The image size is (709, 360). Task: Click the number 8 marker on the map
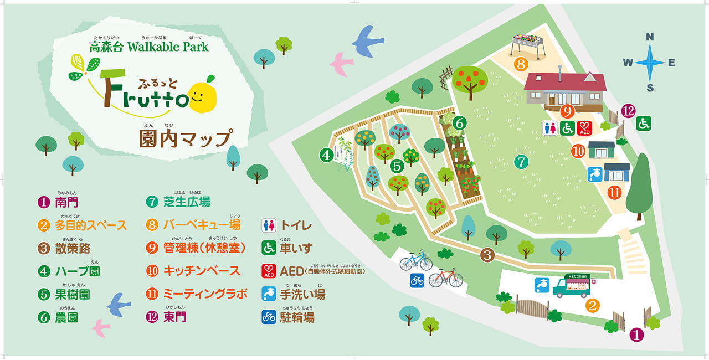(520, 64)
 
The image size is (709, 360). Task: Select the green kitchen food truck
(572, 285)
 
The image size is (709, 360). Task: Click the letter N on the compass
(650, 38)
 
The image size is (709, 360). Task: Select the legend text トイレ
(296, 225)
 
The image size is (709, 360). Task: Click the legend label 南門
(66, 202)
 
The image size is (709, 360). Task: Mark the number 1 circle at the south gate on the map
(636, 335)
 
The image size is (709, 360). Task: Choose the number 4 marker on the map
(326, 156)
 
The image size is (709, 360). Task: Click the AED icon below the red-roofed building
(585, 128)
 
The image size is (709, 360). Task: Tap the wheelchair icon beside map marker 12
(643, 124)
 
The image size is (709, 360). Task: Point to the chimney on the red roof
(561, 71)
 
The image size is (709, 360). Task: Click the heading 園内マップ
(185, 138)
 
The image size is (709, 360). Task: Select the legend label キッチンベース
(202, 271)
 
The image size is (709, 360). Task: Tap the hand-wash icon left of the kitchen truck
(542, 285)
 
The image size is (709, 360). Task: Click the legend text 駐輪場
(297, 317)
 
